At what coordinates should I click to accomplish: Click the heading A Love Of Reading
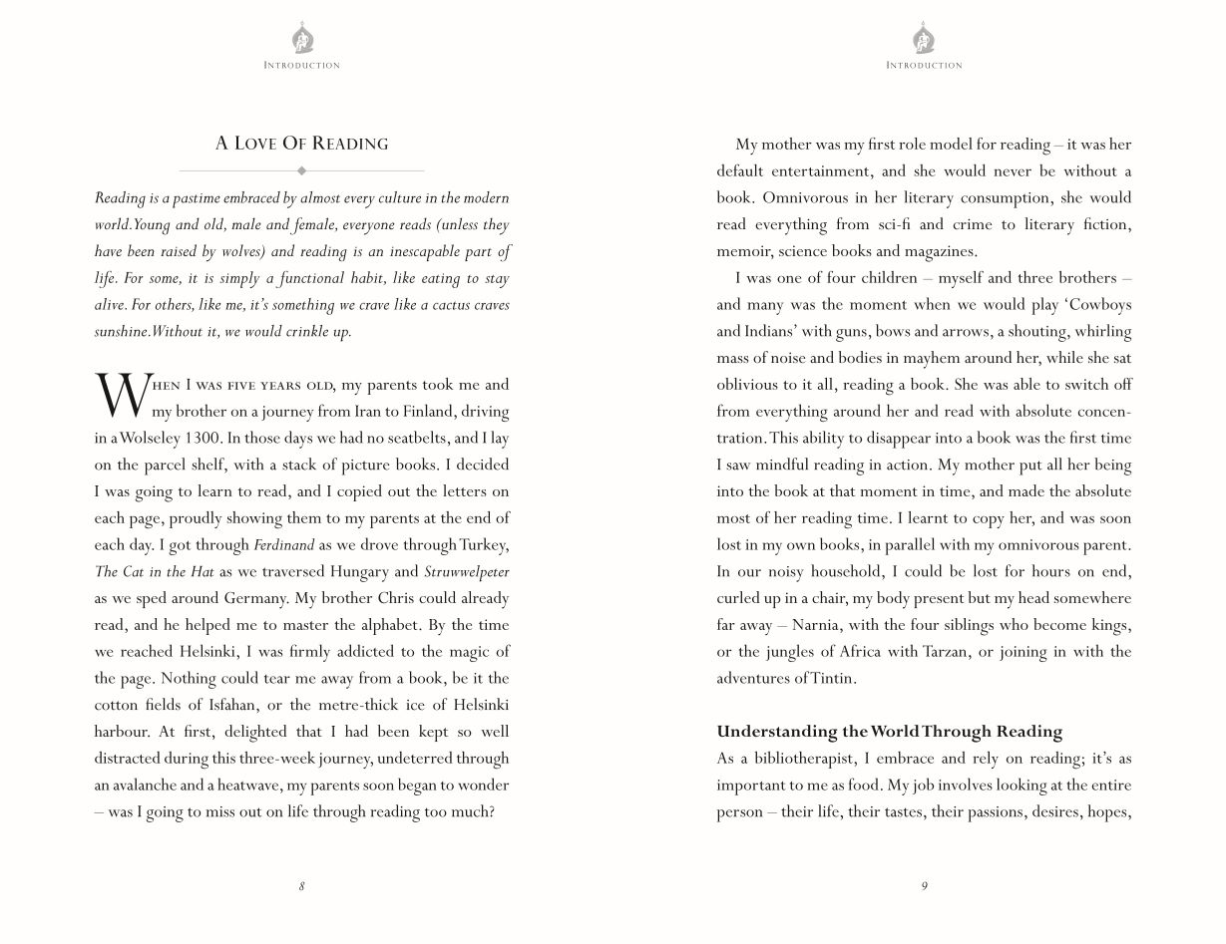[x=301, y=144]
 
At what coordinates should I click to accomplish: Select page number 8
[x=302, y=886]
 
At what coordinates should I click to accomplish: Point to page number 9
[x=924, y=886]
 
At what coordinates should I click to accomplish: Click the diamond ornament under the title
[x=302, y=170]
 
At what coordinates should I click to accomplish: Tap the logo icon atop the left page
[x=302, y=40]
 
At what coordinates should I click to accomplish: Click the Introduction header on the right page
[x=924, y=66]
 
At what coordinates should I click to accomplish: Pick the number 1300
[x=204, y=438]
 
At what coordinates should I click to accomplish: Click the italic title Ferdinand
[x=283, y=545]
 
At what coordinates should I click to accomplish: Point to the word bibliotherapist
[x=803, y=759]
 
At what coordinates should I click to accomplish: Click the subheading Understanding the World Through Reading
[x=889, y=732]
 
